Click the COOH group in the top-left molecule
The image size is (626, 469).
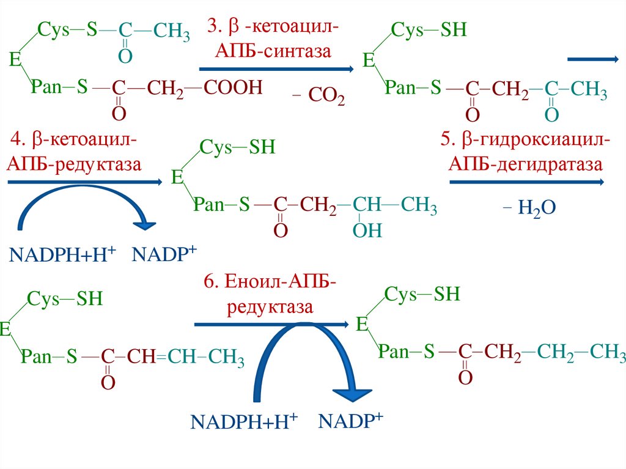click(233, 88)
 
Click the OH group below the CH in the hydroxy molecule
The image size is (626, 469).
click(367, 231)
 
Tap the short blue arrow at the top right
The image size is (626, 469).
click(592, 59)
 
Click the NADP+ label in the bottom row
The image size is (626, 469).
click(351, 420)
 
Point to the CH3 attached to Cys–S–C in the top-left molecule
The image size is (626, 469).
click(171, 31)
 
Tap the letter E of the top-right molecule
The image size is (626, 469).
click(369, 61)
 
